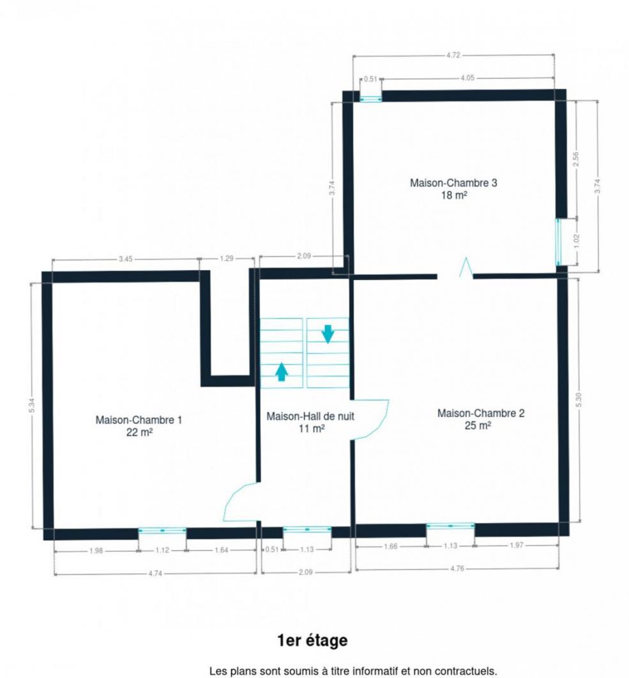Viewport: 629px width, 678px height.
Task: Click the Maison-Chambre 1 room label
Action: pyautogui.click(x=139, y=426)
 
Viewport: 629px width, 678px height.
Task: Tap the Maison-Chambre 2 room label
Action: pyautogui.click(x=481, y=419)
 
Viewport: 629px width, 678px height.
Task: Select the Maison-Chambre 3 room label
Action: pyautogui.click(x=453, y=188)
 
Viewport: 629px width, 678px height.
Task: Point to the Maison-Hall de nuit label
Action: pyautogui.click(x=310, y=422)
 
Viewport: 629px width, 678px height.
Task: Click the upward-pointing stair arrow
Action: pyautogui.click(x=282, y=372)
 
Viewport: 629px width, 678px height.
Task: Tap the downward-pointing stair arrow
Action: pyautogui.click(x=328, y=334)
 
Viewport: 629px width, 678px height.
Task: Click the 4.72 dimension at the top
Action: pyautogui.click(x=453, y=55)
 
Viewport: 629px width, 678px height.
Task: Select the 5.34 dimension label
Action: pyautogui.click(x=32, y=405)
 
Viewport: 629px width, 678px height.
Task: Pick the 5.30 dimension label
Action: pyautogui.click(x=579, y=400)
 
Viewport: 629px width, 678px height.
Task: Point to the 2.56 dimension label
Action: pyautogui.click(x=576, y=159)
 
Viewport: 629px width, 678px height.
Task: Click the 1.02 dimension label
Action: pyautogui.click(x=576, y=241)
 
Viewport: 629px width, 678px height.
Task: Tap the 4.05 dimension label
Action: pyautogui.click(x=467, y=78)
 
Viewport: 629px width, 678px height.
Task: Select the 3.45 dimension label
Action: pyautogui.click(x=126, y=259)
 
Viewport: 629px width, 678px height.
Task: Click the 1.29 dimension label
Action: pyautogui.click(x=226, y=258)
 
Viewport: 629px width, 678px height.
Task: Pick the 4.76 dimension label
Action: pyautogui.click(x=457, y=568)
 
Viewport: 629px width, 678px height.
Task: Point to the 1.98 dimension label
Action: pyautogui.click(x=96, y=550)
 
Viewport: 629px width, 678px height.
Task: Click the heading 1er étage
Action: pyautogui.click(x=312, y=640)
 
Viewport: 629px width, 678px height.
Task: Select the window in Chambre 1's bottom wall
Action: pyautogui.click(x=162, y=531)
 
